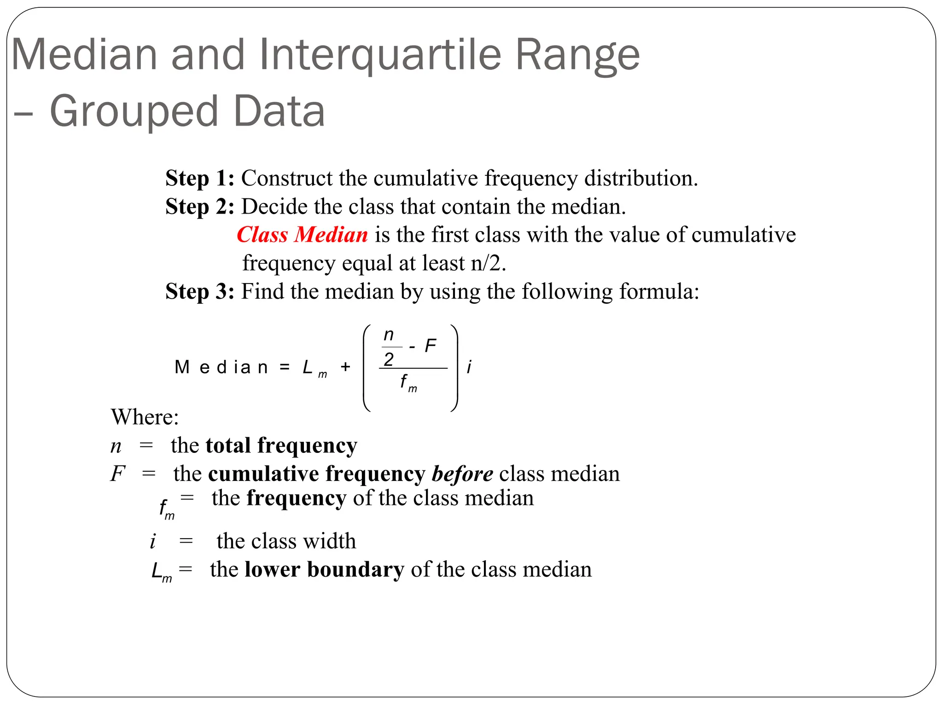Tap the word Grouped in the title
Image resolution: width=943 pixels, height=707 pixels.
(134, 111)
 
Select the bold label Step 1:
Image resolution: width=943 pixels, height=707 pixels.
(200, 179)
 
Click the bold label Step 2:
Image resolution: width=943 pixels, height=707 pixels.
(200, 207)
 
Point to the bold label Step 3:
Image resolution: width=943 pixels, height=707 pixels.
(200, 291)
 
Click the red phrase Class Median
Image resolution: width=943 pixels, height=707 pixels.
(302, 235)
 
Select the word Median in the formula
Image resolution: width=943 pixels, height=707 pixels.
(221, 367)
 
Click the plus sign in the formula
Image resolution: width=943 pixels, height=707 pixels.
(345, 367)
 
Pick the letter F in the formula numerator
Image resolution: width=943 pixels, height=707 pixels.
(430, 346)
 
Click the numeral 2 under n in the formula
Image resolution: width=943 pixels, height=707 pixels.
(389, 359)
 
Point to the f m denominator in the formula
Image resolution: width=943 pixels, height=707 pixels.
(408, 382)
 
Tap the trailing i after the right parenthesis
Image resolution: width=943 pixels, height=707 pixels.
(469, 367)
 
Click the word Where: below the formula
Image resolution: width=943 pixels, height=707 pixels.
(145, 417)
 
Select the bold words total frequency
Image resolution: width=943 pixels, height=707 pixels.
(281, 446)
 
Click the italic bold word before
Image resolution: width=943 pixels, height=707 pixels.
(462, 474)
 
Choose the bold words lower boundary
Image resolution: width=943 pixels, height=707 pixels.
(324, 569)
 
